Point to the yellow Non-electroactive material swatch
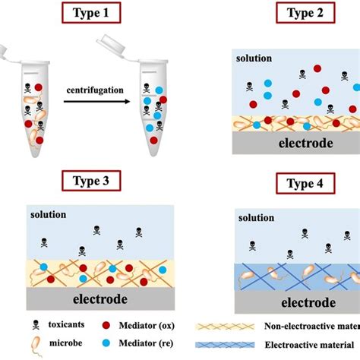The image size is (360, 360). [x=227, y=326]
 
